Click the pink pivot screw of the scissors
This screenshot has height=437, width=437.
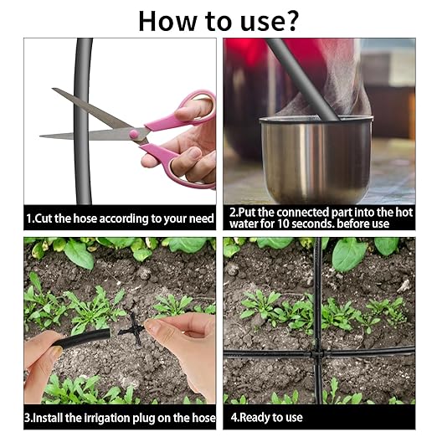tap(133, 134)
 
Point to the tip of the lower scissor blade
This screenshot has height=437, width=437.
tap(40, 136)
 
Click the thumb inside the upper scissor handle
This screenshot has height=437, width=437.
tap(193, 108)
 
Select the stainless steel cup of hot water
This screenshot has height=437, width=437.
tap(316, 158)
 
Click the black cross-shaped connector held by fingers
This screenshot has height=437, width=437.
tap(133, 329)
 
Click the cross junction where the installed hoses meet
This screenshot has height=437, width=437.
tap(317, 355)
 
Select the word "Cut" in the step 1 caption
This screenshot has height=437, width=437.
tap(44, 218)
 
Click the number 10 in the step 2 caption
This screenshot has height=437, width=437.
tap(283, 224)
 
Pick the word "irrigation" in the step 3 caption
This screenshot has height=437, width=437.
tap(107, 418)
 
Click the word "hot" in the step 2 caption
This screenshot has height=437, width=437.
tap(404, 213)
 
